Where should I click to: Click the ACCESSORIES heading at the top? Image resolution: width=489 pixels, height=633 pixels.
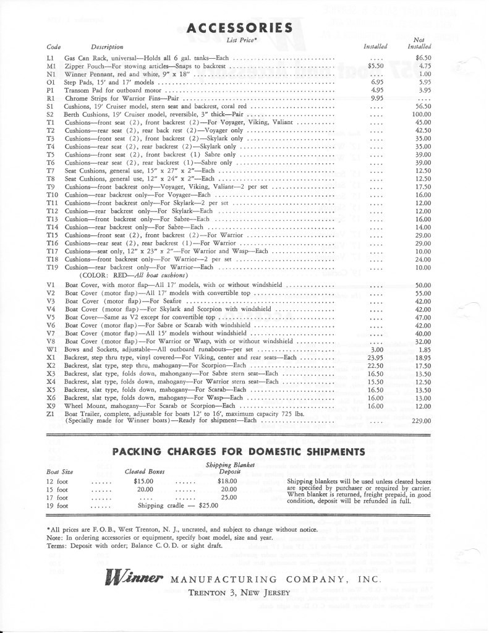click(239, 28)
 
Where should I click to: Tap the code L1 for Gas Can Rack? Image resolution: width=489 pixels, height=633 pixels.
click(51, 57)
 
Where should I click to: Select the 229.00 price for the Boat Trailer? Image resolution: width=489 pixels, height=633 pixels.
click(422, 420)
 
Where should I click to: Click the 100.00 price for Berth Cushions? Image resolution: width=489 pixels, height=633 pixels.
click(422, 114)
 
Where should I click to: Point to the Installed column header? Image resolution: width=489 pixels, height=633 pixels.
click(375, 46)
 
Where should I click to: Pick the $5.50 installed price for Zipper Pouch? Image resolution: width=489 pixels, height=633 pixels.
click(375, 66)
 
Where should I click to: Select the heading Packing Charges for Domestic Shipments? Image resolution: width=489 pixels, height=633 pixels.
click(239, 451)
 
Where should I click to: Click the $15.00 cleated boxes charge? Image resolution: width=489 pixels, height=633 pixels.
click(143, 480)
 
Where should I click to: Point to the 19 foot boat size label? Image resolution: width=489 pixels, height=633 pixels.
click(57, 505)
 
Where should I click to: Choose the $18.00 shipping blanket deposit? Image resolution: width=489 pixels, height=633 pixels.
click(228, 480)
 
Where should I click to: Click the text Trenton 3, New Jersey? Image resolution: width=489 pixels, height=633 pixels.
click(239, 593)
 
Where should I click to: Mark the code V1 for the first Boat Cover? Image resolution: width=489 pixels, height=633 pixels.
click(51, 285)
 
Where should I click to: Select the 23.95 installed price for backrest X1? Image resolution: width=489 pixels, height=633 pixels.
click(376, 357)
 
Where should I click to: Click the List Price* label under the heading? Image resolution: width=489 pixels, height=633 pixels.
click(240, 40)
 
